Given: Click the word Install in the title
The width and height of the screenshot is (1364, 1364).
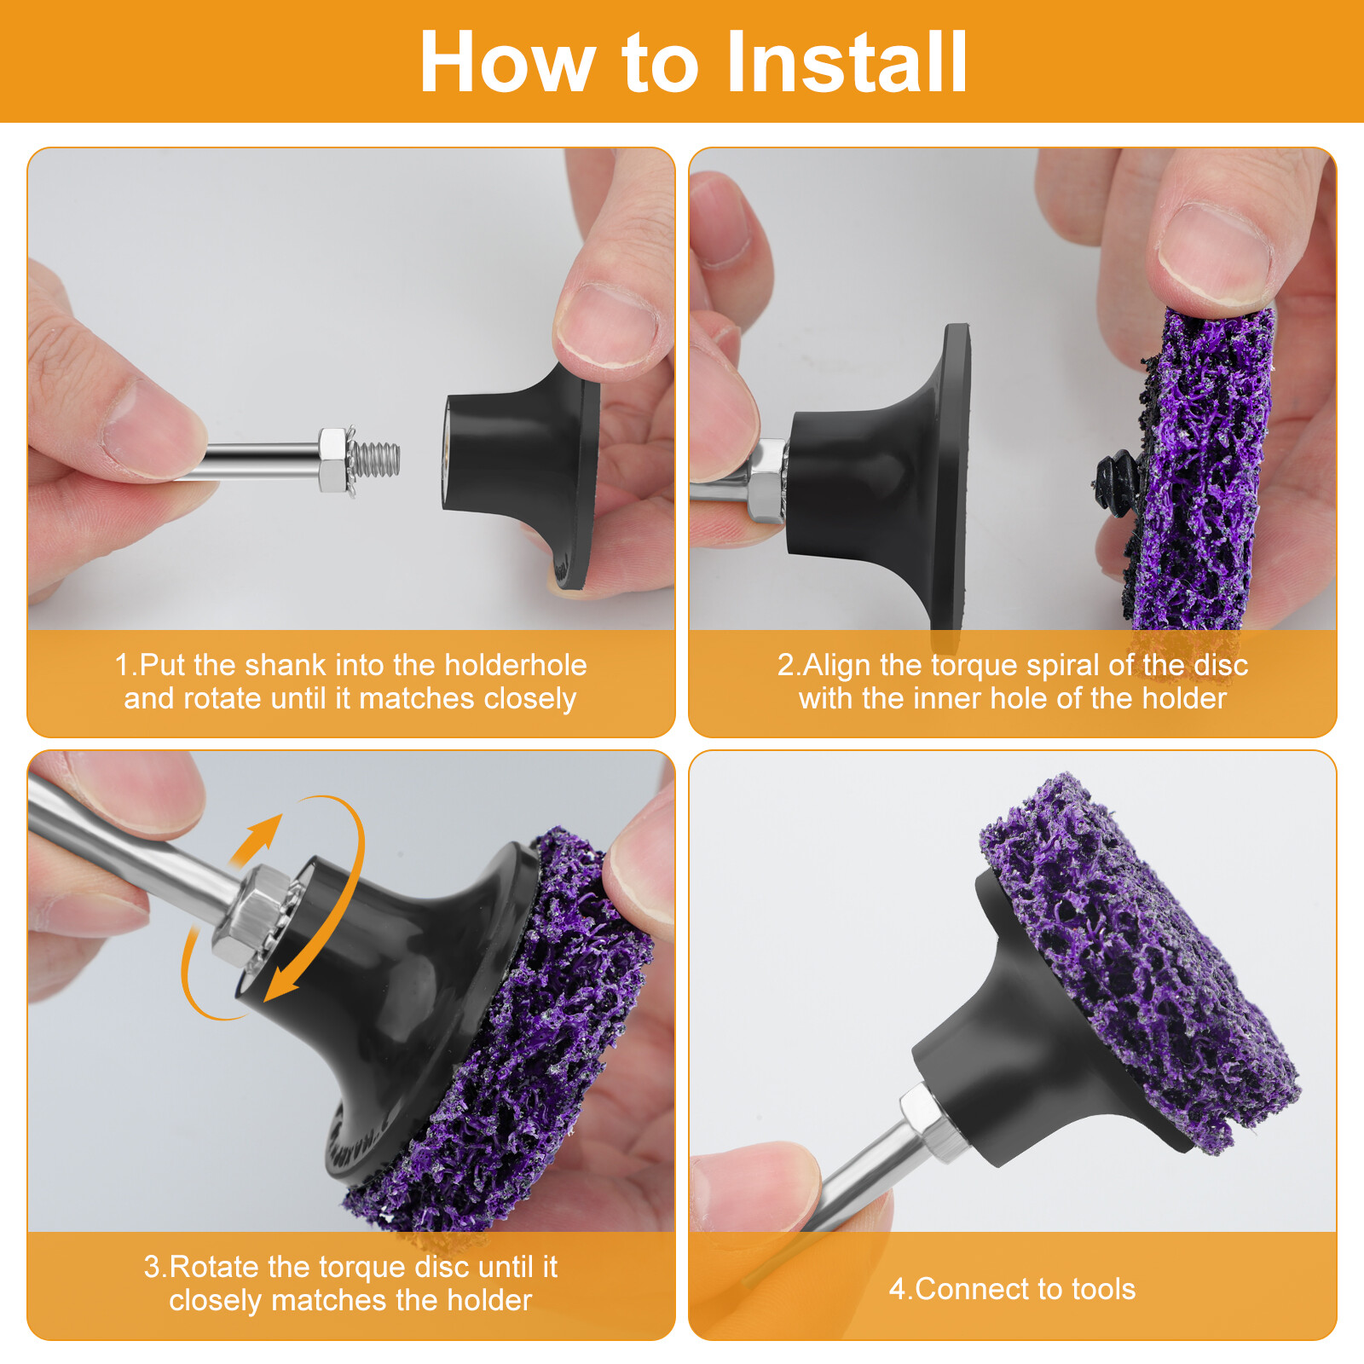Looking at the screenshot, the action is click(847, 61).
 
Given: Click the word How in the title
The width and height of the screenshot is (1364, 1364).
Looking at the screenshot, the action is click(506, 61).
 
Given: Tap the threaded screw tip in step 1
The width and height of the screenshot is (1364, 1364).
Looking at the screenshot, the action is click(378, 460).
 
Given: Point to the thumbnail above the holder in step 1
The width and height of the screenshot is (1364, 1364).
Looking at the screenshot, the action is click(607, 327).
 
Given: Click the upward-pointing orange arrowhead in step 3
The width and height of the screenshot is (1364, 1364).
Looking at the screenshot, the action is click(263, 832).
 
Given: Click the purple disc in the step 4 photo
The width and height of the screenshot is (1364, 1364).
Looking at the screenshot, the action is click(1141, 963).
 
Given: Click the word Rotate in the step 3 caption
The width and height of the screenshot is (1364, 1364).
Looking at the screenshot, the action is click(215, 1267).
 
